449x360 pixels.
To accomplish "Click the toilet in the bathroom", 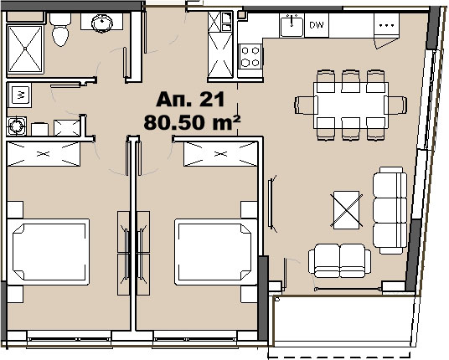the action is click(60, 29).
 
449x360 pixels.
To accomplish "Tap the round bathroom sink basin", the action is click(102, 23).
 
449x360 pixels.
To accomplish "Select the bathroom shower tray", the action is click(25, 49).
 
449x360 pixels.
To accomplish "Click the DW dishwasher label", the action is click(317, 25).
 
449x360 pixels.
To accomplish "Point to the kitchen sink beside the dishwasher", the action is click(292, 26).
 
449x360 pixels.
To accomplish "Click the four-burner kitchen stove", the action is click(250, 56).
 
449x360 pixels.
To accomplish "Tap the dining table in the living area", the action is click(351, 105).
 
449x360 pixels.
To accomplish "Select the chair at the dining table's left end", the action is click(306, 105).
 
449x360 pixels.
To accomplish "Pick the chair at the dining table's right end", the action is click(395, 105).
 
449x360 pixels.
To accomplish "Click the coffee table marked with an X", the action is click(347, 210).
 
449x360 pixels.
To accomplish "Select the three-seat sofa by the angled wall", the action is click(390, 210).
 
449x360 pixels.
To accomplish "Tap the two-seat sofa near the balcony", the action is click(339, 260).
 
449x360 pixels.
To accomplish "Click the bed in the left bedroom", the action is click(49, 252).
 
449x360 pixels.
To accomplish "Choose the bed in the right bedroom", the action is click(216, 252).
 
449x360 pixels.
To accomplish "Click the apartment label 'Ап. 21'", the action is click(190, 100).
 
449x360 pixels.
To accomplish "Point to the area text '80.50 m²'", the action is click(192, 122).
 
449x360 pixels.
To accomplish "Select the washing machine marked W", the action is click(19, 95).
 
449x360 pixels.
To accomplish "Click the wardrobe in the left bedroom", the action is click(44, 154).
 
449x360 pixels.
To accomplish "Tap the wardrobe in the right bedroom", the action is click(220, 154).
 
